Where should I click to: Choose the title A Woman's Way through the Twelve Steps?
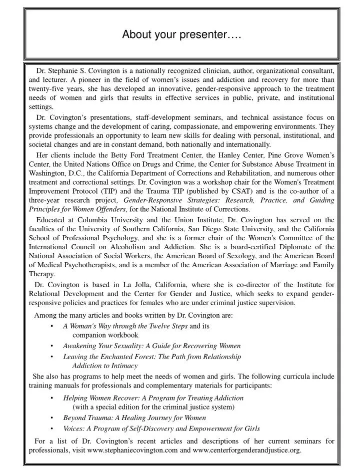click(x=125, y=326)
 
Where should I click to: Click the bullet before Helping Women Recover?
click(x=52, y=398)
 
